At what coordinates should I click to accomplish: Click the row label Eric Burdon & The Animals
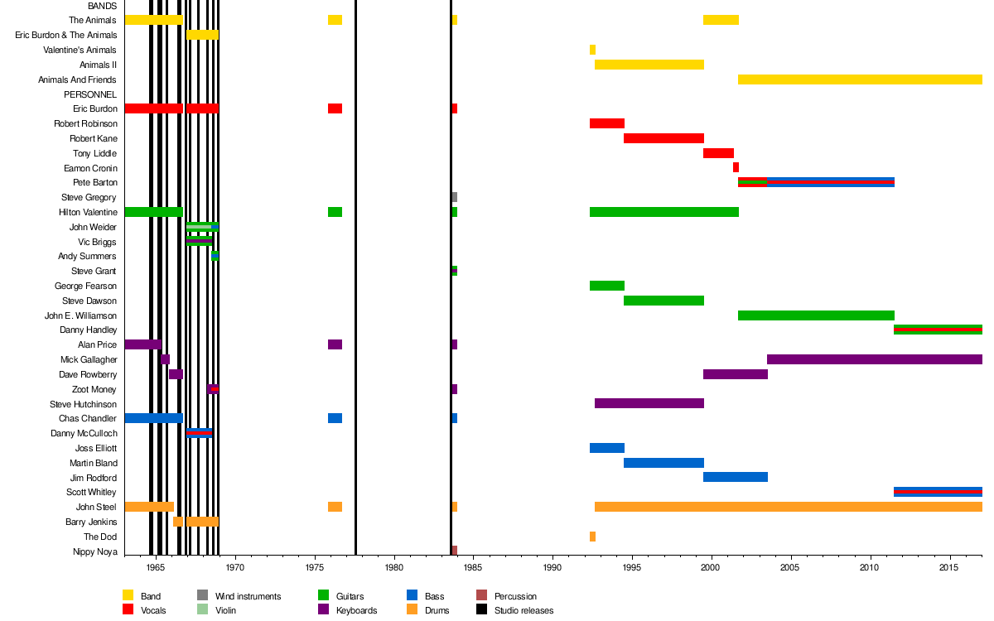[x=65, y=35]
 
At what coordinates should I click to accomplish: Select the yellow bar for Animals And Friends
[x=859, y=79]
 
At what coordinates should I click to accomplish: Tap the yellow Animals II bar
[x=649, y=65]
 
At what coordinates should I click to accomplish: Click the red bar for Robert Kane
[x=663, y=138]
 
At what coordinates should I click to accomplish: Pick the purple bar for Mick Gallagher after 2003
[x=874, y=359]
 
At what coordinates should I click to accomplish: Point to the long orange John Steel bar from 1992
[x=788, y=507]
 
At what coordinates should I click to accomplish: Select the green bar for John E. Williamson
[x=816, y=315]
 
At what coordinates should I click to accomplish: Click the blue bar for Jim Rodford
[x=735, y=477]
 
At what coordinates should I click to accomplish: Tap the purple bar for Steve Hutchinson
[x=649, y=403]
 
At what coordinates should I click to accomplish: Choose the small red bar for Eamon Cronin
[x=736, y=167]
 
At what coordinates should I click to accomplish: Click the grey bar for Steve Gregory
[x=454, y=197]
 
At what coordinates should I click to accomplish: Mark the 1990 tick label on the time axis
[x=552, y=568]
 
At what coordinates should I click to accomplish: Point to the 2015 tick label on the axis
[x=950, y=568]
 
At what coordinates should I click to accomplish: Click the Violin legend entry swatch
[x=202, y=610]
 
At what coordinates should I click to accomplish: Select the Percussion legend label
[x=515, y=596]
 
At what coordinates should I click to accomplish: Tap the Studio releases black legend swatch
[x=481, y=610]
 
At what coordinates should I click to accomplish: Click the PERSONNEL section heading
[x=90, y=94]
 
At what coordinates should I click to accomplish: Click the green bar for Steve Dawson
[x=663, y=301]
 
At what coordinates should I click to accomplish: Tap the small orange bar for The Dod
[x=592, y=537]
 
